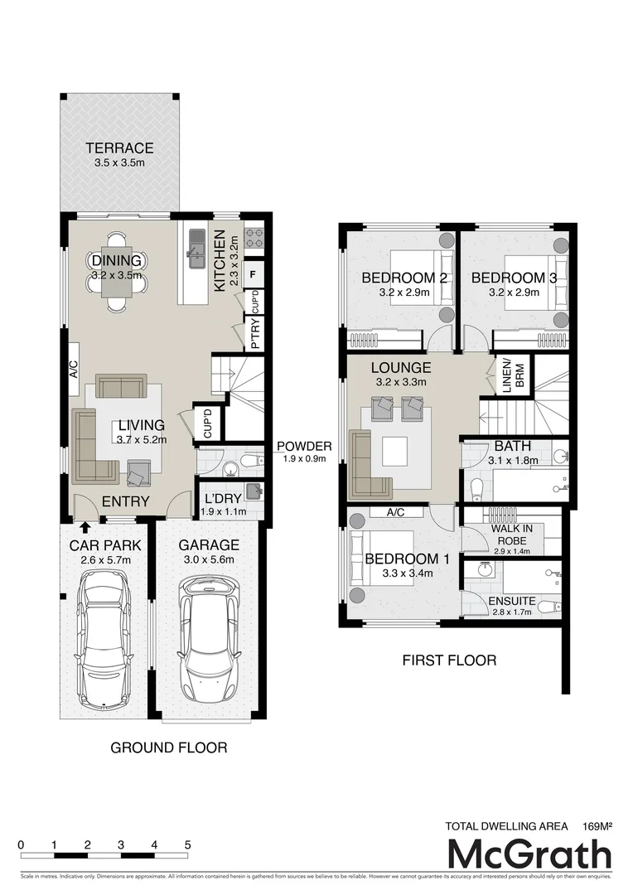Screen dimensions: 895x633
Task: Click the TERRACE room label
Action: click(120, 148)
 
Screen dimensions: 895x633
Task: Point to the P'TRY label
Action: click(255, 333)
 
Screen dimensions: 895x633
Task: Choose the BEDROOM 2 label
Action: click(404, 278)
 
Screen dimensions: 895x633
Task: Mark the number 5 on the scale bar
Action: click(188, 844)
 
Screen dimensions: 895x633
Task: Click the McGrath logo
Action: click(529, 854)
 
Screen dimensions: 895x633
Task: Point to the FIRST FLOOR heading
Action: click(449, 660)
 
